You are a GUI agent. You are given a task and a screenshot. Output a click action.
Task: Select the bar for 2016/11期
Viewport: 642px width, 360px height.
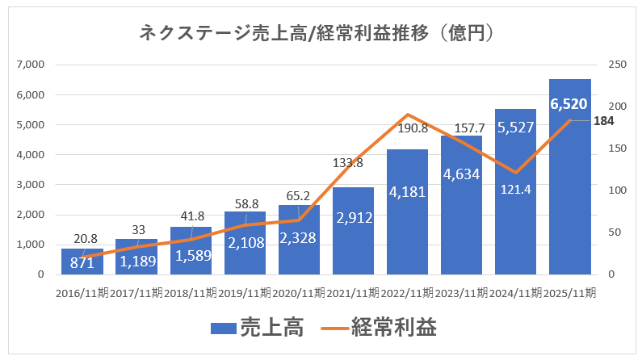(82, 262)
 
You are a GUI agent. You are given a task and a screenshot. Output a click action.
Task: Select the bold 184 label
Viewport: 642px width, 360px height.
(604, 121)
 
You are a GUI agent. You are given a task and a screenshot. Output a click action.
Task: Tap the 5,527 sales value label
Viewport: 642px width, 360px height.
(515, 128)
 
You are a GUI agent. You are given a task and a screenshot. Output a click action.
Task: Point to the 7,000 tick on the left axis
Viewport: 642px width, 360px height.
(30, 65)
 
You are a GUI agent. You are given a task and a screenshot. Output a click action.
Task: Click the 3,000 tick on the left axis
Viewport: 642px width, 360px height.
(30, 185)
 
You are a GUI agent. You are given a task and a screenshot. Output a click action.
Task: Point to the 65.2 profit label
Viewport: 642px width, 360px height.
(299, 195)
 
